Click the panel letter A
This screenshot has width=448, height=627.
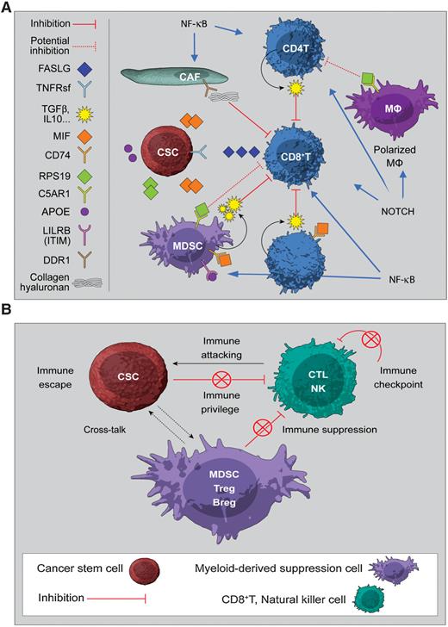pyautogui.click(x=8, y=7)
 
